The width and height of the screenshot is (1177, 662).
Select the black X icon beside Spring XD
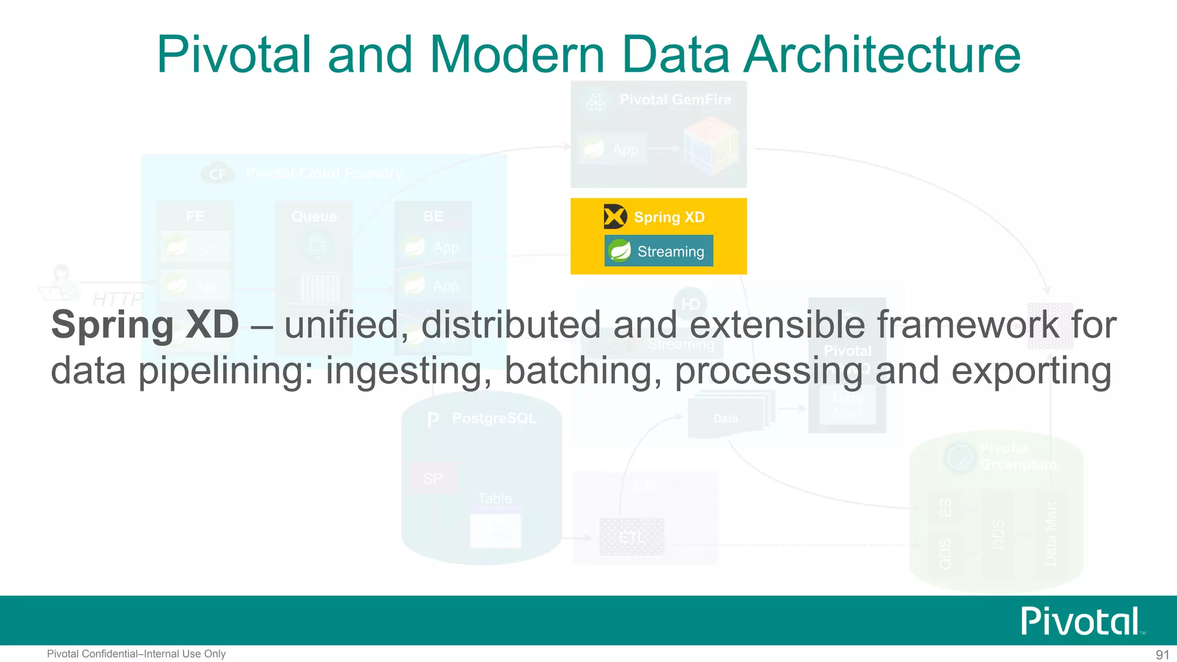tap(615, 217)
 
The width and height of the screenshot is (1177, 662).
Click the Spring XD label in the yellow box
tap(669, 217)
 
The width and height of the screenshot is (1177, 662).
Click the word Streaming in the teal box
tap(671, 252)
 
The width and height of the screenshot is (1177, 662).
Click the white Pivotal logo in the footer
tap(1081, 621)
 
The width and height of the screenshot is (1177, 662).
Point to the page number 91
tap(1162, 655)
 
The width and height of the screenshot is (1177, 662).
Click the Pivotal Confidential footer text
tap(136, 654)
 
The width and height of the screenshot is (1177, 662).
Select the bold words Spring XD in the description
tap(145, 325)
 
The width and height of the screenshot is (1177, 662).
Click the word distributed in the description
tap(511, 325)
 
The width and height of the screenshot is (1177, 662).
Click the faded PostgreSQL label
tap(494, 418)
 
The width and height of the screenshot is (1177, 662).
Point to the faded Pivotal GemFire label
tap(675, 100)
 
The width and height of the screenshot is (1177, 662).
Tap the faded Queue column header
tap(314, 217)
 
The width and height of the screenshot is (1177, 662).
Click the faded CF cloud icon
tap(218, 174)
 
